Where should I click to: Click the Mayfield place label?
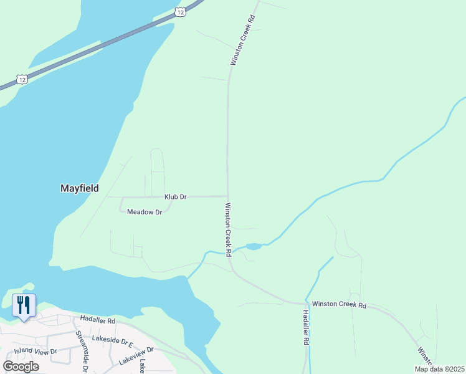click(x=79, y=187)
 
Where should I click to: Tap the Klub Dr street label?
click(x=176, y=197)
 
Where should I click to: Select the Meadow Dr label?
click(x=145, y=213)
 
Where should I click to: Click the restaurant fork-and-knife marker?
click(x=24, y=305)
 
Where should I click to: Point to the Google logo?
click(x=21, y=366)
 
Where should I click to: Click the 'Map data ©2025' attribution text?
click(x=439, y=369)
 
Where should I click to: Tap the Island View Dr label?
click(x=36, y=352)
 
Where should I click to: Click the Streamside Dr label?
click(x=80, y=353)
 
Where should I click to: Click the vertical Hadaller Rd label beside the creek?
click(x=306, y=328)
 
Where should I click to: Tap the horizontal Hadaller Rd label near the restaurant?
click(x=98, y=321)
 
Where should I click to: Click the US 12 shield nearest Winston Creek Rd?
click(x=180, y=12)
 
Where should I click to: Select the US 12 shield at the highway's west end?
click(x=22, y=79)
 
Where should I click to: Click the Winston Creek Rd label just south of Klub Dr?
click(x=228, y=229)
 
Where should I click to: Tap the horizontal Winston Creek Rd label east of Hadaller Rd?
click(x=340, y=305)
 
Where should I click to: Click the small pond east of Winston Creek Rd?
click(x=253, y=247)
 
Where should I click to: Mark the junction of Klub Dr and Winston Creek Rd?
click(x=227, y=196)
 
